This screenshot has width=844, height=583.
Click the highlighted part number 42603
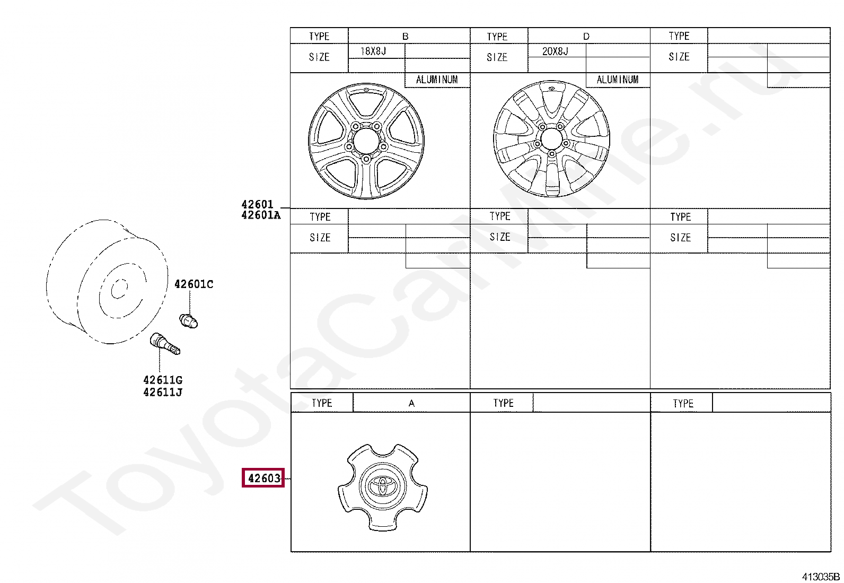point(264,478)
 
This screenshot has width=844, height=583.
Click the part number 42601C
point(194,284)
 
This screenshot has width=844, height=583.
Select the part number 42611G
point(163,380)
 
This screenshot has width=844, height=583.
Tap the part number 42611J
point(163,392)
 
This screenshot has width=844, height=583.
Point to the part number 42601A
point(261,215)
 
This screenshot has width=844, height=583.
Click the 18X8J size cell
point(373,51)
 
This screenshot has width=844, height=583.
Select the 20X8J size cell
point(555,51)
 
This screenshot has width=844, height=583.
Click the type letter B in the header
point(405,36)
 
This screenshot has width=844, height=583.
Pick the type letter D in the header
point(586,36)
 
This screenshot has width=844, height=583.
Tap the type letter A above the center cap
point(411,403)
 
